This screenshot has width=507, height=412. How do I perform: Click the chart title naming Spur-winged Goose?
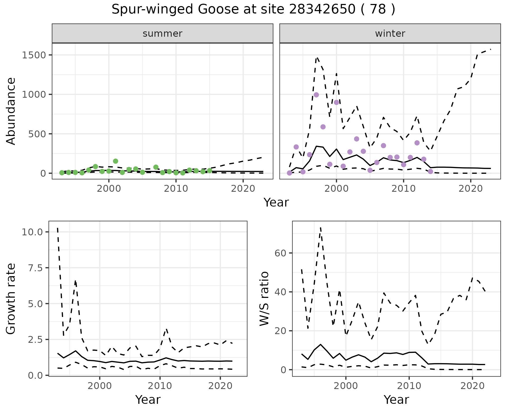pyautogui.click(x=253, y=10)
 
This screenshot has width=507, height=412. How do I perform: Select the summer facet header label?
pyautogui.click(x=162, y=34)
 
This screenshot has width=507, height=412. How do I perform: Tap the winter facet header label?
pyautogui.click(x=390, y=34)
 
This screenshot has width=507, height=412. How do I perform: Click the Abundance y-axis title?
pyautogui.click(x=11, y=111)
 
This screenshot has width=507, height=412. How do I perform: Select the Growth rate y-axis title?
pyautogui.click(x=11, y=299)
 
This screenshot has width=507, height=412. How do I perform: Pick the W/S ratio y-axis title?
pyautogui.click(x=264, y=299)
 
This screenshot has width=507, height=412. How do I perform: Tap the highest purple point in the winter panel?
pyautogui.click(x=316, y=95)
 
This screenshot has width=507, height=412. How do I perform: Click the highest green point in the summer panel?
pyautogui.click(x=115, y=161)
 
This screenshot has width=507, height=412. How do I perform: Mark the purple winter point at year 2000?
pyautogui.click(x=336, y=102)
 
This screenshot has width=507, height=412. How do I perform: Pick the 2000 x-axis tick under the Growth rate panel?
pyautogui.click(x=100, y=386)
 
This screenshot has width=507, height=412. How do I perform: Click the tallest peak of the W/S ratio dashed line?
pyautogui.click(x=321, y=227)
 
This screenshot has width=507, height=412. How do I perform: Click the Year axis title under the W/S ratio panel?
pyautogui.click(x=396, y=400)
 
